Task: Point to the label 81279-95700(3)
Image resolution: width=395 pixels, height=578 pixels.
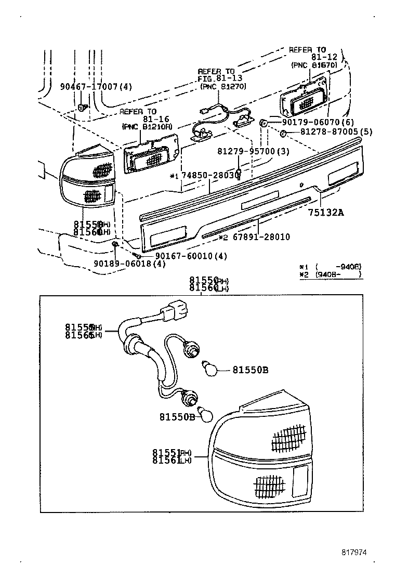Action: pos(253,151)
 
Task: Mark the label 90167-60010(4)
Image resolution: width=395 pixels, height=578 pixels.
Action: pos(185,256)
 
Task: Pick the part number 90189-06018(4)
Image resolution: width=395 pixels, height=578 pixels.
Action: pos(130,264)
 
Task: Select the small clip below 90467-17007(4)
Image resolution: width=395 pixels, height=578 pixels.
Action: pos(82,108)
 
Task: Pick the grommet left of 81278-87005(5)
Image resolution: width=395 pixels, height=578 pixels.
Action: pos(283,134)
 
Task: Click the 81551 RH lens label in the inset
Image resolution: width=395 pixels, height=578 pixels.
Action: pos(172,452)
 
